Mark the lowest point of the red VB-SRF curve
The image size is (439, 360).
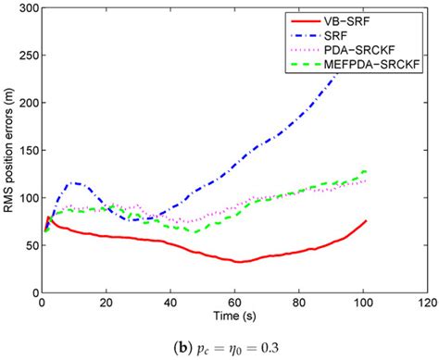[x=239, y=263]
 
